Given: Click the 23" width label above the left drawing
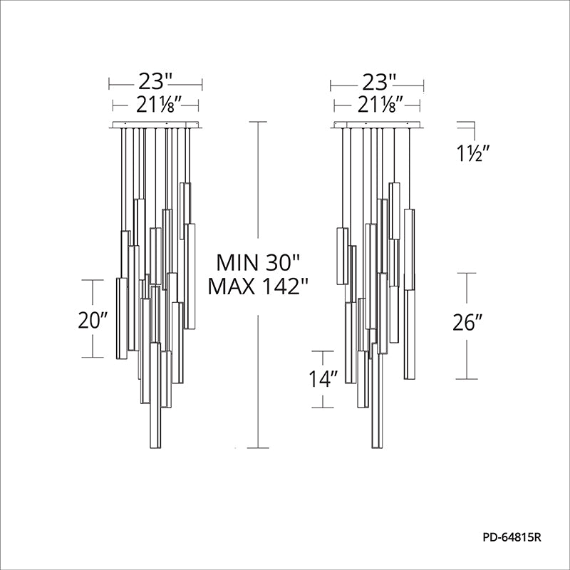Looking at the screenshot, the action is (x=155, y=82).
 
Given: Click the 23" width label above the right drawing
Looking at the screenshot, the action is (x=378, y=82).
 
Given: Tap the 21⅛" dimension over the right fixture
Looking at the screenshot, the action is (x=380, y=105).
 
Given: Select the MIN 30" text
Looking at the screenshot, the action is (x=258, y=262).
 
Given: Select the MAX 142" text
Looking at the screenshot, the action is (x=258, y=286).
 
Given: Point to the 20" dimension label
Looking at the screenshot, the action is (x=93, y=320).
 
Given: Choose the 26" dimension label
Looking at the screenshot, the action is (x=467, y=322).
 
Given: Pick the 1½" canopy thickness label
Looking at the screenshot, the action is (x=472, y=154).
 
